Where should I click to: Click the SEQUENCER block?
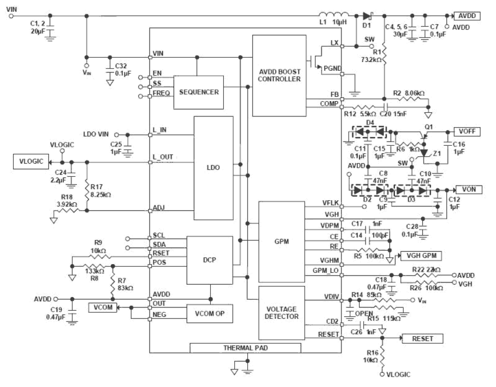(x=198, y=92)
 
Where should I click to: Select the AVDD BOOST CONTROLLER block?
(x=279, y=75)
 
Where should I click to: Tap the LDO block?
(x=213, y=168)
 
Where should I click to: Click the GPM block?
(x=282, y=241)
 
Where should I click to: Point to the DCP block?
(x=209, y=260)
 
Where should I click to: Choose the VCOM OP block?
(x=209, y=314)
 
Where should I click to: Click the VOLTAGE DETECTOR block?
(x=282, y=313)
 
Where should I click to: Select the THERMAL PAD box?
(x=245, y=348)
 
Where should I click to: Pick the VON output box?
(x=469, y=189)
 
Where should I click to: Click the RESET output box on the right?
(x=422, y=339)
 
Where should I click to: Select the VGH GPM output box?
(x=421, y=256)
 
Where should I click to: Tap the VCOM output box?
(x=103, y=307)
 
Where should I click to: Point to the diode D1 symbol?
(x=367, y=16)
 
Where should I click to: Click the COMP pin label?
(x=329, y=104)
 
